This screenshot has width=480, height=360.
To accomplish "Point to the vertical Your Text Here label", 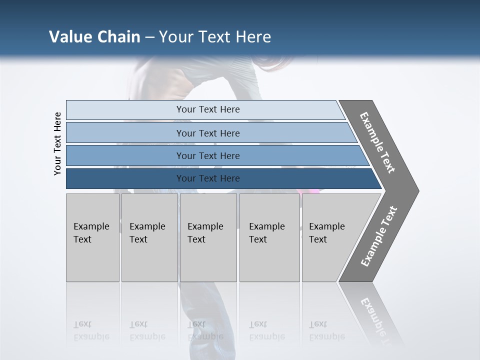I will click(57, 143).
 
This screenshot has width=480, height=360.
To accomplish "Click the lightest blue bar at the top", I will click(207, 109).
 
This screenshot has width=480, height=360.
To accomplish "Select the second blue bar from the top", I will click(207, 133).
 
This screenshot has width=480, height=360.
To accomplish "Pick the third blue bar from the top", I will click(207, 155).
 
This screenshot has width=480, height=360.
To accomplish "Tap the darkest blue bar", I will click(207, 178).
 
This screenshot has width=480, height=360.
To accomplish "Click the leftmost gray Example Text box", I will click(92, 237).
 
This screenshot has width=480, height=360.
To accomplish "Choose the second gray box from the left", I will click(149, 237).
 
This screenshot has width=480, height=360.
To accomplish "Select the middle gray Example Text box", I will click(208, 237).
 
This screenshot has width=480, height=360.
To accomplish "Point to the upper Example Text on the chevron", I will click(377, 142).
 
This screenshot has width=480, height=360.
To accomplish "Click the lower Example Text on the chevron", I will click(378, 236).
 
